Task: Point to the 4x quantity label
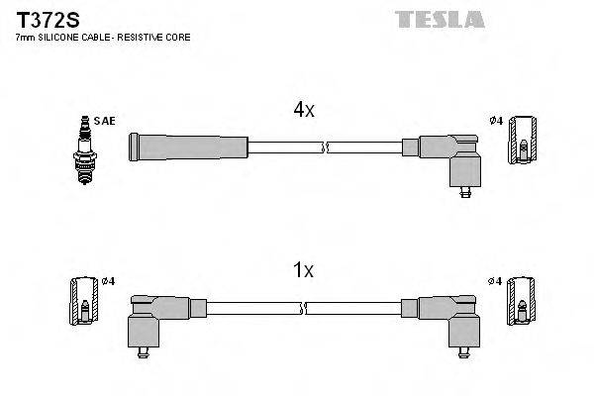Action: tap(304, 111)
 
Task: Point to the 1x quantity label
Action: tap(304, 269)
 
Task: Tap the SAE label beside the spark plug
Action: tap(107, 121)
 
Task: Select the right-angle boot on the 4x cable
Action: tap(450, 158)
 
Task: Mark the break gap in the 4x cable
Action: tap(325, 148)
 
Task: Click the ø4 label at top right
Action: tap(497, 121)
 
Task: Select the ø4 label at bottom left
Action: tap(108, 280)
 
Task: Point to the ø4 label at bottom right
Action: tap(497, 280)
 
